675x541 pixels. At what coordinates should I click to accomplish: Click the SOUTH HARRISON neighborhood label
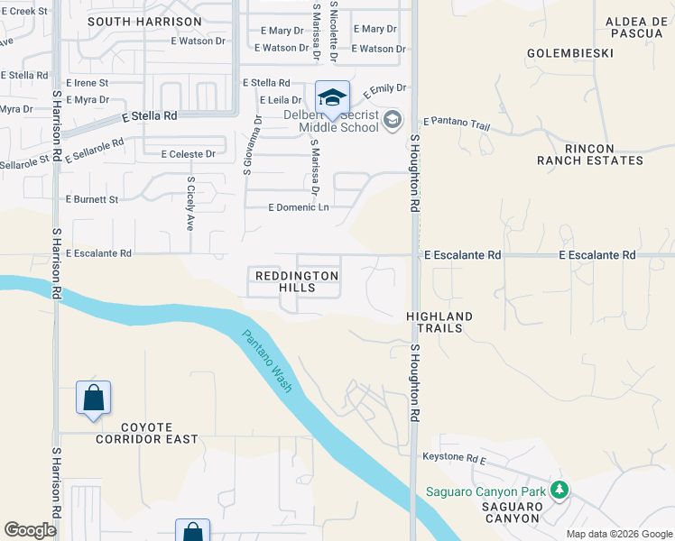coord(144,21)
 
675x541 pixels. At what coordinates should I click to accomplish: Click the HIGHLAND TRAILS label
coord(439,322)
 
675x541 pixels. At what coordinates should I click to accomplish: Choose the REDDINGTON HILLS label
coord(297,281)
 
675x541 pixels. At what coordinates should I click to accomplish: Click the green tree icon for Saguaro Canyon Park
coord(559,490)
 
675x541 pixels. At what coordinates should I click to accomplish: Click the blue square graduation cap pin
coord(332,97)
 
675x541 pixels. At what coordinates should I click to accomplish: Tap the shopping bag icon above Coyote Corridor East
coord(94,398)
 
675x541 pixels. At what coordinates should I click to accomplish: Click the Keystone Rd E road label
coord(454,458)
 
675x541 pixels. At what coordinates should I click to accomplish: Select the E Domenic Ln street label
coord(299,207)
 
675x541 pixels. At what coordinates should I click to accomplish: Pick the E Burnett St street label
coord(92,199)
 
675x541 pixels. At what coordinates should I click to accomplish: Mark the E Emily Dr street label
coord(384,91)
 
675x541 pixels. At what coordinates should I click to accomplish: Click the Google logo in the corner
coord(30,530)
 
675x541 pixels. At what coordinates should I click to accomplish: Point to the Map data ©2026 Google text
coord(618,534)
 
